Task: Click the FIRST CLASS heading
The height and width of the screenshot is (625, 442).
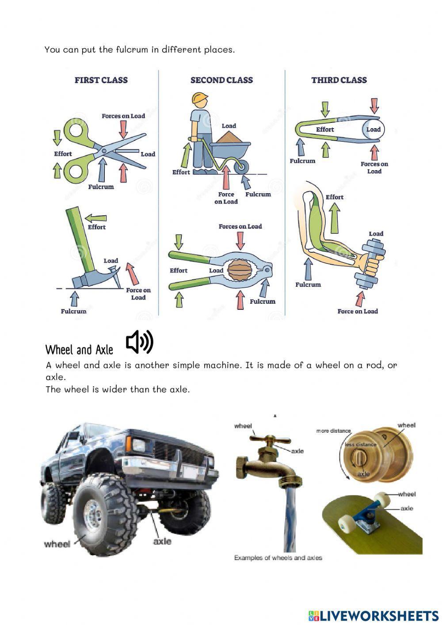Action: point(101,80)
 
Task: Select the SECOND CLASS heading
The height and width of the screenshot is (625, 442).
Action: point(221,80)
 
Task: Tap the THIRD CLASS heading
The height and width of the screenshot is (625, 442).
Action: point(339,80)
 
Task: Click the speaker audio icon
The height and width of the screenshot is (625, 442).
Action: point(139,342)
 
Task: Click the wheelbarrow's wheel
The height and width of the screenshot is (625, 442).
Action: point(241,167)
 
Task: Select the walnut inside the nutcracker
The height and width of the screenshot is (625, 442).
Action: point(240,270)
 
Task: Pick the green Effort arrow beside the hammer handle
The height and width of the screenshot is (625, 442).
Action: point(96,218)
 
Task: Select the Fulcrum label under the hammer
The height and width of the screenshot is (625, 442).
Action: point(73,311)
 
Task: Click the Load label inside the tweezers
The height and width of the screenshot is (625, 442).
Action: point(373,130)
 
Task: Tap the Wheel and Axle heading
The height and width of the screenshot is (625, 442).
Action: point(79,350)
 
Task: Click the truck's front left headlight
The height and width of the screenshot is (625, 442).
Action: point(138,445)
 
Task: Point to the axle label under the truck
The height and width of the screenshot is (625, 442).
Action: point(162,541)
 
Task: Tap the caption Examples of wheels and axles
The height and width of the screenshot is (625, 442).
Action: point(278,558)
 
